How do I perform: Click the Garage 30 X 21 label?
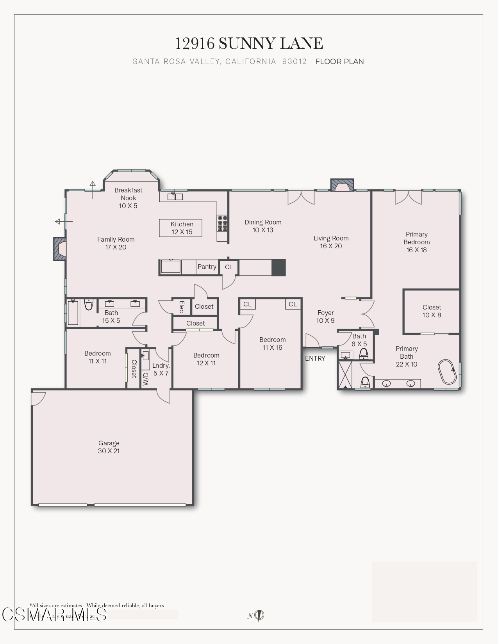click(x=109, y=447)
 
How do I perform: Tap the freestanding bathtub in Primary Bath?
click(x=447, y=372)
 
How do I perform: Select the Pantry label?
click(x=207, y=267)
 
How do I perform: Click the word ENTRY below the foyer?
click(x=315, y=358)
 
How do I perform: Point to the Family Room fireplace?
click(x=60, y=249)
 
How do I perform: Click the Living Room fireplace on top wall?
click(x=342, y=185)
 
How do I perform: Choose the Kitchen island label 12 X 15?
click(x=182, y=228)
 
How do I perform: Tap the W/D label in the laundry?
click(x=146, y=379)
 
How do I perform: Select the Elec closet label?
click(x=181, y=306)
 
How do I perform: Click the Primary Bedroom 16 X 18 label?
click(x=416, y=242)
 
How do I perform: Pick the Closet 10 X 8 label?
click(x=432, y=311)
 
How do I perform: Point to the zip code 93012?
click(x=294, y=61)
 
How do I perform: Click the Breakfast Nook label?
click(x=128, y=197)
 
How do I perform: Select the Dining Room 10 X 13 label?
click(x=263, y=226)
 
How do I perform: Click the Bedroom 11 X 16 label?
click(x=272, y=343)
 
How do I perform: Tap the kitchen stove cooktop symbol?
click(x=223, y=223)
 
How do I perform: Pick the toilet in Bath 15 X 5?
click(x=89, y=304)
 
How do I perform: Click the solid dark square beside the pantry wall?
click(x=278, y=268)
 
